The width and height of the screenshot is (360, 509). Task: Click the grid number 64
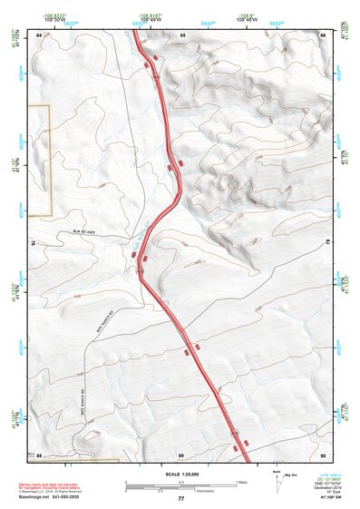click(39, 34)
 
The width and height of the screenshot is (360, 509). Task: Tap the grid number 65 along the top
click(182, 34)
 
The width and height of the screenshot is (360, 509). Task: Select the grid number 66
click(324, 34)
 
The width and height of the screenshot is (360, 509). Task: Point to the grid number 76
click(35, 242)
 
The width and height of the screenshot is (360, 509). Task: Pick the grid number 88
click(39, 454)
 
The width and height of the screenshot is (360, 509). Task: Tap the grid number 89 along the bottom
click(181, 454)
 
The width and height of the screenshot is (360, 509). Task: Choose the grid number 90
click(324, 454)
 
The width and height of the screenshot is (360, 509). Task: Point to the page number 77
click(180, 499)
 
